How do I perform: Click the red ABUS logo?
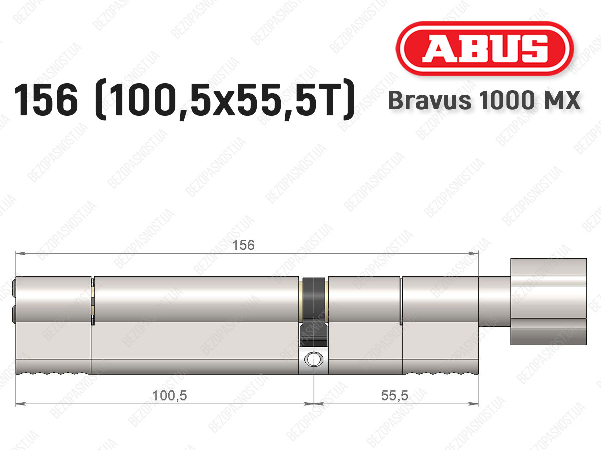[485, 48]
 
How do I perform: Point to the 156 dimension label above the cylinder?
[243, 245]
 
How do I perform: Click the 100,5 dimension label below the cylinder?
[169, 395]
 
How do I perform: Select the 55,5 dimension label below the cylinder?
[394, 395]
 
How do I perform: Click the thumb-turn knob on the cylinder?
[548, 301]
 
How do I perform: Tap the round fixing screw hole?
[314, 359]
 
